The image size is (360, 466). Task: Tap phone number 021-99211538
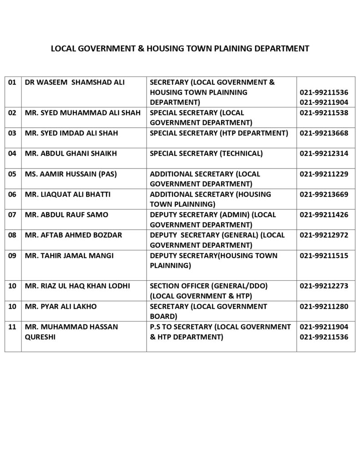click(x=324, y=112)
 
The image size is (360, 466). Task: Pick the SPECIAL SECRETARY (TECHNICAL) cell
click(x=206, y=153)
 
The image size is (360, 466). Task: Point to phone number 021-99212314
click(x=324, y=153)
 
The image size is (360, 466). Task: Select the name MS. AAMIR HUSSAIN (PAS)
click(x=71, y=174)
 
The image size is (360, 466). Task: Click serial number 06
click(x=13, y=194)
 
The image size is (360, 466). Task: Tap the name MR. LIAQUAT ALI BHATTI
click(x=69, y=194)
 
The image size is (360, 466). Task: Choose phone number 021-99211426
click(x=324, y=215)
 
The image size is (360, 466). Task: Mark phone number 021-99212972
click(x=324, y=235)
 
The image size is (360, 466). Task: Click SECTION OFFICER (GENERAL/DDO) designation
click(x=209, y=286)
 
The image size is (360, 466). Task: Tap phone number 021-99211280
click(x=324, y=307)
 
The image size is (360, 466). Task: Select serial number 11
click(x=13, y=327)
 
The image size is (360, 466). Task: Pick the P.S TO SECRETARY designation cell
click(x=220, y=332)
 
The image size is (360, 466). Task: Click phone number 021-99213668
click(x=324, y=133)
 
